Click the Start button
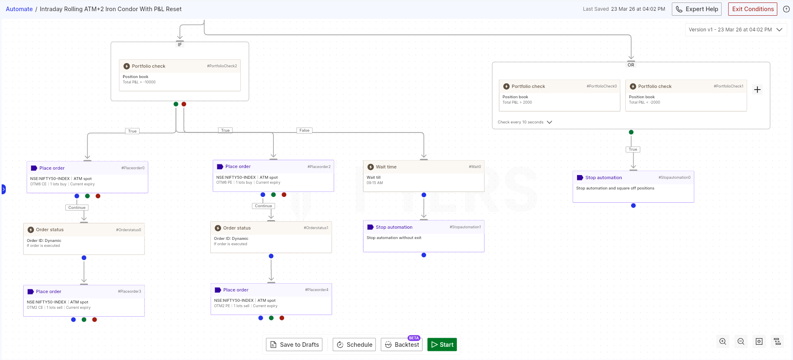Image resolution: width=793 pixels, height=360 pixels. [x=442, y=344]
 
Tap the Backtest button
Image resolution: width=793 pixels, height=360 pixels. [x=401, y=344]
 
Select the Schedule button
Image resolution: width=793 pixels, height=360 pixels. [x=354, y=344]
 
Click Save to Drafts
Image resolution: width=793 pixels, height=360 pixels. [x=294, y=344]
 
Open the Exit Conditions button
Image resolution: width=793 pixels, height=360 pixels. [x=753, y=9]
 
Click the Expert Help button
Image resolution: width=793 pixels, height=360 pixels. [x=697, y=9]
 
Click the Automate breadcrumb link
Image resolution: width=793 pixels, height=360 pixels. [x=19, y=9]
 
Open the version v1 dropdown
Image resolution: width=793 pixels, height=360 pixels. [x=736, y=30]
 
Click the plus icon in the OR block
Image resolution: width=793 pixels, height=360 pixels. [x=757, y=90]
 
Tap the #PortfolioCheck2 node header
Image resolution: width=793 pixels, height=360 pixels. [x=180, y=66]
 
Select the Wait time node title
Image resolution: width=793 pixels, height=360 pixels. [x=386, y=167]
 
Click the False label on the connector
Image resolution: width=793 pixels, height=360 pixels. [x=304, y=130]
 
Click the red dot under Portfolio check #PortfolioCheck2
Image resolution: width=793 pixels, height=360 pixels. [x=184, y=104]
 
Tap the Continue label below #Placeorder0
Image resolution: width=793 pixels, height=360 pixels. [x=77, y=208]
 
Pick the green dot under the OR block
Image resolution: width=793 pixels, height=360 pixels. [x=631, y=132]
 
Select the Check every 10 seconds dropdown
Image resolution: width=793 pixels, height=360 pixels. [x=525, y=122]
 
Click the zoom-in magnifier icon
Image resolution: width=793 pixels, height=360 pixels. [x=723, y=341]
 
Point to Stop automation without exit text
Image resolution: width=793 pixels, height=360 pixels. [x=394, y=238]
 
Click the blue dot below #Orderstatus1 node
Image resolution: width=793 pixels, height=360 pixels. [x=271, y=256]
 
